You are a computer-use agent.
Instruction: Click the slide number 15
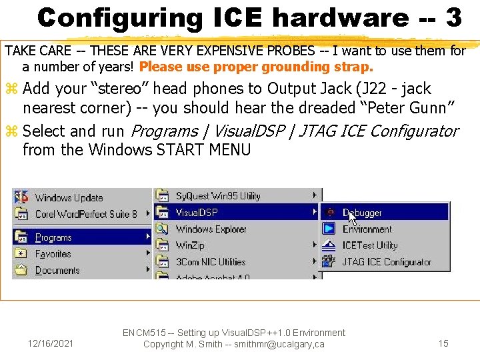coord(443,343)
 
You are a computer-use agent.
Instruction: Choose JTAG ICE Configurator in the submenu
coord(387,262)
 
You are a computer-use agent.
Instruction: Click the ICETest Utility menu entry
coord(369,245)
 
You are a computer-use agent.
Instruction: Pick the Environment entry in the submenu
coord(367,229)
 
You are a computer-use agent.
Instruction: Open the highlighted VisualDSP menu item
coord(197,213)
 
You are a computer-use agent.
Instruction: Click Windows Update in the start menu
coord(69,197)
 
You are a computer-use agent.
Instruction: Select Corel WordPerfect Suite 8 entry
coord(85,214)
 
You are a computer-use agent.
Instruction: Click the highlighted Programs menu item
coord(53,237)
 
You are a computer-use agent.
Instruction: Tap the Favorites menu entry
coord(53,254)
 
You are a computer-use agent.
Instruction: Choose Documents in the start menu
coord(57,271)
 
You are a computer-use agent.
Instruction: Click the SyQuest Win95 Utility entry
coord(217,196)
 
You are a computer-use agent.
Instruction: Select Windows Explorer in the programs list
coord(211,229)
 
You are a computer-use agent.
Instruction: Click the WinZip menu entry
coord(190,245)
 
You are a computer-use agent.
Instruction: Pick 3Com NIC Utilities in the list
coord(210,262)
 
